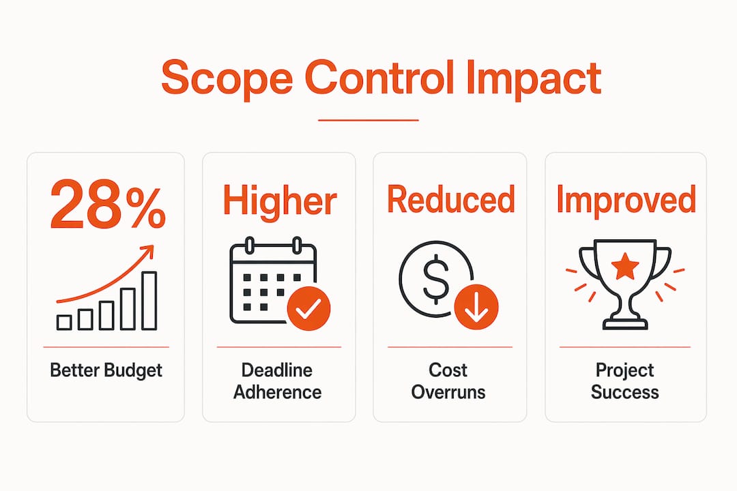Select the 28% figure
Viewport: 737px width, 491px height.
tap(108, 205)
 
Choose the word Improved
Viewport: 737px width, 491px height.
tap(626, 200)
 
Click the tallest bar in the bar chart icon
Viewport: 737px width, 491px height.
tap(149, 301)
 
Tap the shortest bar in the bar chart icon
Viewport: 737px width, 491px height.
tap(64, 323)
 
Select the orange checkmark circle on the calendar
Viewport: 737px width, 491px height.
tap(308, 308)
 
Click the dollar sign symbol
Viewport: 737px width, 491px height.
tap(435, 279)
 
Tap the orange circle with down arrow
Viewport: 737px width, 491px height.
tap(476, 307)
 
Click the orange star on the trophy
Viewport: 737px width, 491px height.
tap(625, 267)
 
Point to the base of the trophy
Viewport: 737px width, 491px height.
tap(625, 324)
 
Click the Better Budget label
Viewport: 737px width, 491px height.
tap(106, 371)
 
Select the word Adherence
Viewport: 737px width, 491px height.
tap(278, 392)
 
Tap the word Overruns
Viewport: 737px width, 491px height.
tap(448, 392)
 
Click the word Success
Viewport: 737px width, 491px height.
tap(624, 392)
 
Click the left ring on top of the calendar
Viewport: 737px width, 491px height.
tap(250, 245)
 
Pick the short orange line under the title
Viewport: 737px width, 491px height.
tap(369, 120)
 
